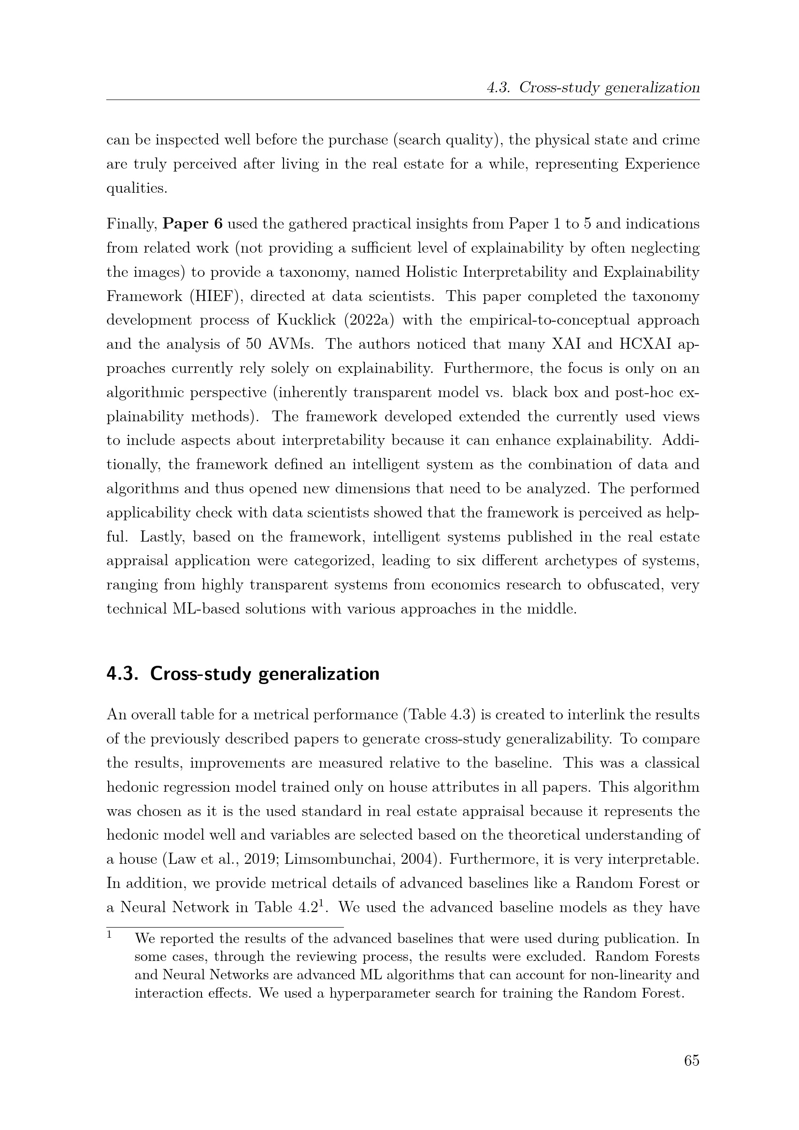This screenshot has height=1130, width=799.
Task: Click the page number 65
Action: [691, 1060]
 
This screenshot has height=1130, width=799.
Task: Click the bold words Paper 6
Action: [192, 224]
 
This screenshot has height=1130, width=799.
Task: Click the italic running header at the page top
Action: [593, 88]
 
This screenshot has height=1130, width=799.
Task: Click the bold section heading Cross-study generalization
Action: [264, 674]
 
